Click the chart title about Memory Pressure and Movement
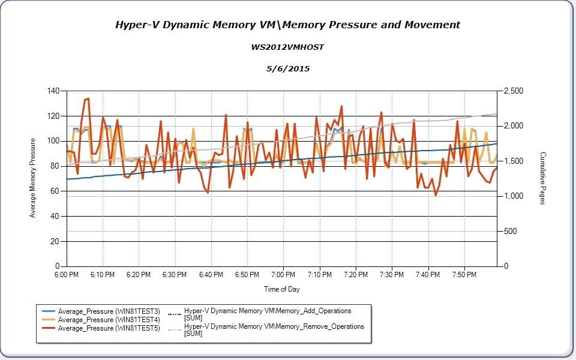coord(287,25)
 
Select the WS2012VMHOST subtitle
coord(287,47)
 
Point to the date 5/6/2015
coord(287,68)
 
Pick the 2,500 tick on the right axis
coord(513,91)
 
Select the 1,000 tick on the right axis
coord(513,196)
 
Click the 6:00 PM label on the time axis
coord(66,275)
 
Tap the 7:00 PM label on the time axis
coord(283,275)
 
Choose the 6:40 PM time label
coord(211,275)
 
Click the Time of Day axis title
coord(282,289)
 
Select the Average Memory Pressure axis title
coord(33,178)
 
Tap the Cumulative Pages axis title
coord(542,178)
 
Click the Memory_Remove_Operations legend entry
coord(274,329)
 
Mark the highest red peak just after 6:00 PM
coord(88,98)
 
